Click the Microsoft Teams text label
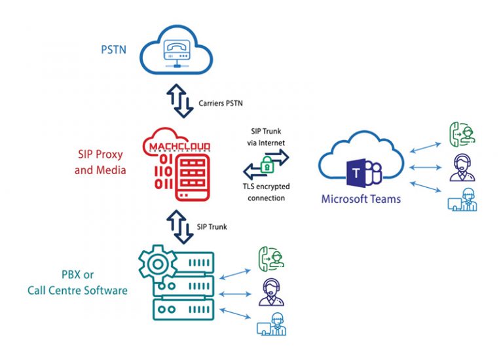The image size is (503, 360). coord(361,198)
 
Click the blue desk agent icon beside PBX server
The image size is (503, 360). coord(271,325)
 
